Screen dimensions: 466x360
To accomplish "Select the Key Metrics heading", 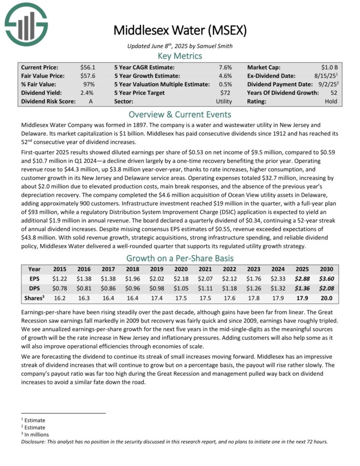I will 180,56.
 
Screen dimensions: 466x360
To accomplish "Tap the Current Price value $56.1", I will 88,67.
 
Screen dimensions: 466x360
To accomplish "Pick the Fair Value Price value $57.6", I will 88,76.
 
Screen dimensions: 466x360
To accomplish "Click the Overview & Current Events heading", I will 180,114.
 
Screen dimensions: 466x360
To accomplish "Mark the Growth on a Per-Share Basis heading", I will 180,257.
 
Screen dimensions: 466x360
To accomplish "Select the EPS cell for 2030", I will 326,278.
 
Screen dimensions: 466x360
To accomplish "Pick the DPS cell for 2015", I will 60,288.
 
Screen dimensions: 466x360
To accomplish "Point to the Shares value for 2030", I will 326,297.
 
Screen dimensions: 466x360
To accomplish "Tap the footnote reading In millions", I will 35,435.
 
